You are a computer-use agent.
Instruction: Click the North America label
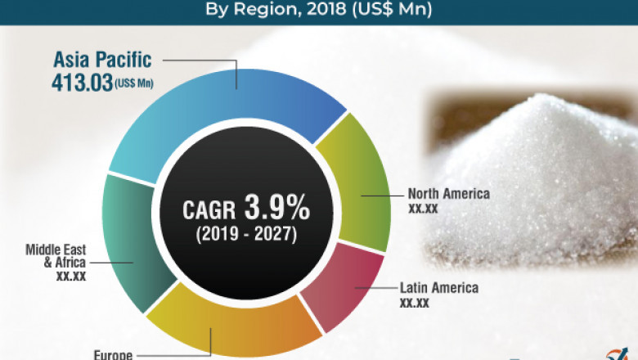tap(448, 194)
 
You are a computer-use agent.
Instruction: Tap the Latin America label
tap(438, 288)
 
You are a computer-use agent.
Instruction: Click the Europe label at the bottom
tap(115, 355)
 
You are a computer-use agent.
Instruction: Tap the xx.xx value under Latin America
tap(414, 303)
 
